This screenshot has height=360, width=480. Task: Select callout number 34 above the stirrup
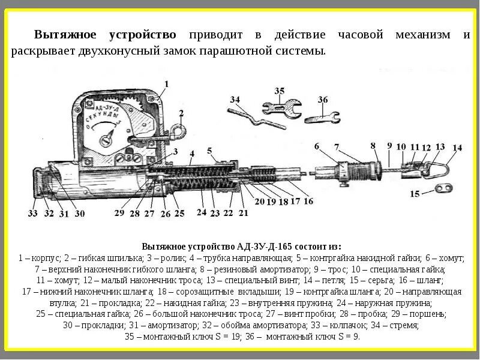[234, 100]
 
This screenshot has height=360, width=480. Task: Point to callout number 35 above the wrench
[280, 91]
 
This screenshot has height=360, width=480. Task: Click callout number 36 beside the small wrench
[323, 100]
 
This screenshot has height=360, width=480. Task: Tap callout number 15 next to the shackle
[414, 194]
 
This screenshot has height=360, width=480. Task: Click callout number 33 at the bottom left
[32, 213]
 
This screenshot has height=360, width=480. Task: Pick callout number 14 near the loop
[457, 148]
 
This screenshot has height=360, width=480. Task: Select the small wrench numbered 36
[322, 116]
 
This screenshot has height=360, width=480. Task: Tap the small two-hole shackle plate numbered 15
[443, 190]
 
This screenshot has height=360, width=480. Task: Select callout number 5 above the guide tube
[209, 150]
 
